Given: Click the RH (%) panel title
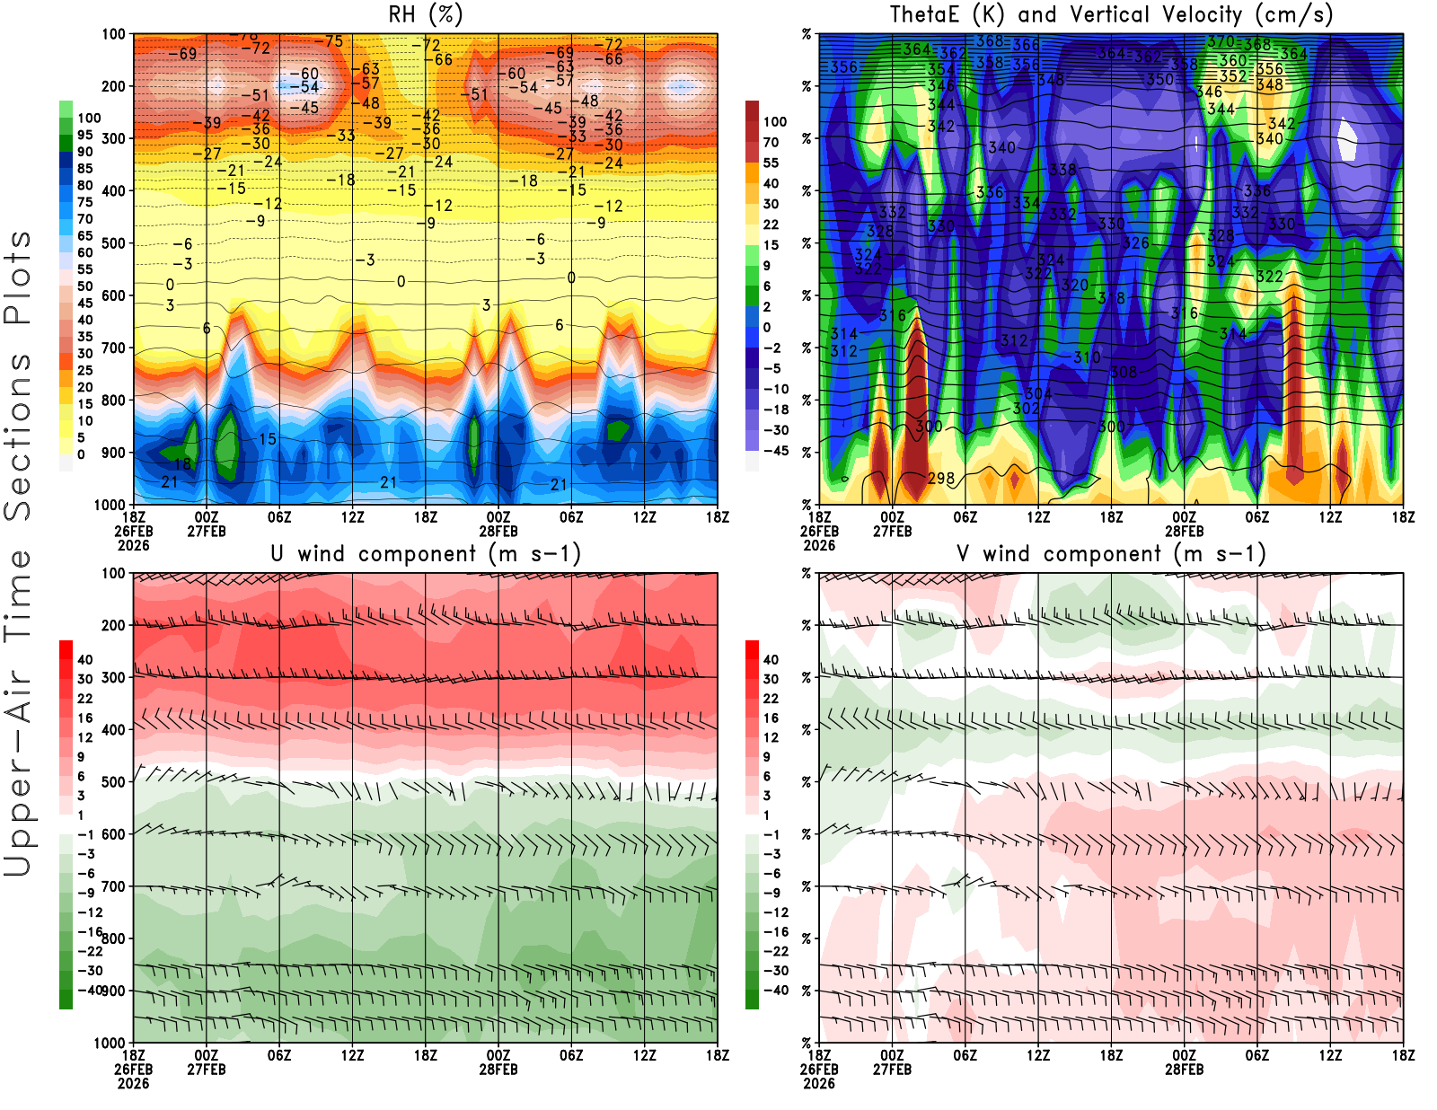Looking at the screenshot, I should (x=425, y=14).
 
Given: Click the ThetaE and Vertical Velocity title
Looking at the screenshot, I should (x=1111, y=14).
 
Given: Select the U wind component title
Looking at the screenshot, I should (x=426, y=554).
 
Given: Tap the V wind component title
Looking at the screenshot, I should (x=1111, y=554).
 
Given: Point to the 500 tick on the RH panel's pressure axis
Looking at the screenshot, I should (x=114, y=243).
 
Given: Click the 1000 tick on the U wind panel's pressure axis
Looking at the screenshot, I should (x=110, y=1043).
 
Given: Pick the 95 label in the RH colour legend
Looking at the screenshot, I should (x=85, y=135).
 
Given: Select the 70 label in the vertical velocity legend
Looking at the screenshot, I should (x=771, y=142).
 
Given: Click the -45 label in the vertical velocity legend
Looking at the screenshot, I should (x=776, y=451).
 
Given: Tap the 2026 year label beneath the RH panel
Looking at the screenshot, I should (x=133, y=545).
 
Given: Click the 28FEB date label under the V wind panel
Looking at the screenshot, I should (x=1184, y=1070).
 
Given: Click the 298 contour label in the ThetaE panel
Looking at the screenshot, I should (x=940, y=479).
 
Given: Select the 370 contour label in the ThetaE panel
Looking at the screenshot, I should (x=1221, y=41).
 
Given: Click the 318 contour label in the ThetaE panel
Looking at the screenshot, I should (x=1111, y=298).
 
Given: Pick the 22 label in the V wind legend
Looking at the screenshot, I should (x=771, y=699).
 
